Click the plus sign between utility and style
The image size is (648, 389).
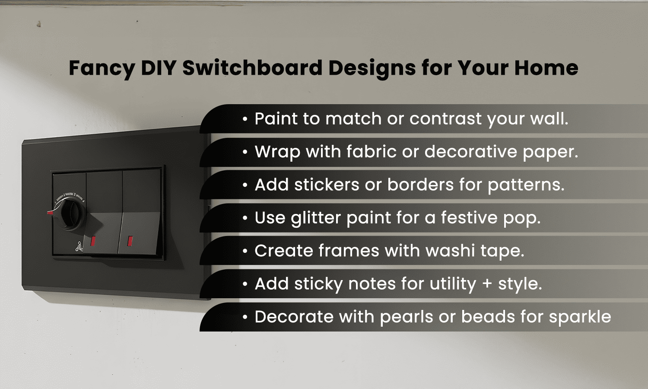click(x=487, y=284)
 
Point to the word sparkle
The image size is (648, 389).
click(x=580, y=317)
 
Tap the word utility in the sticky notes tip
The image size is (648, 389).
click(x=452, y=284)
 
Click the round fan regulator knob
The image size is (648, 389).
click(x=71, y=213)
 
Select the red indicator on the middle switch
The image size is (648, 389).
click(x=93, y=241)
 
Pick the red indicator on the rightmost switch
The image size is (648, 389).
click(x=130, y=241)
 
